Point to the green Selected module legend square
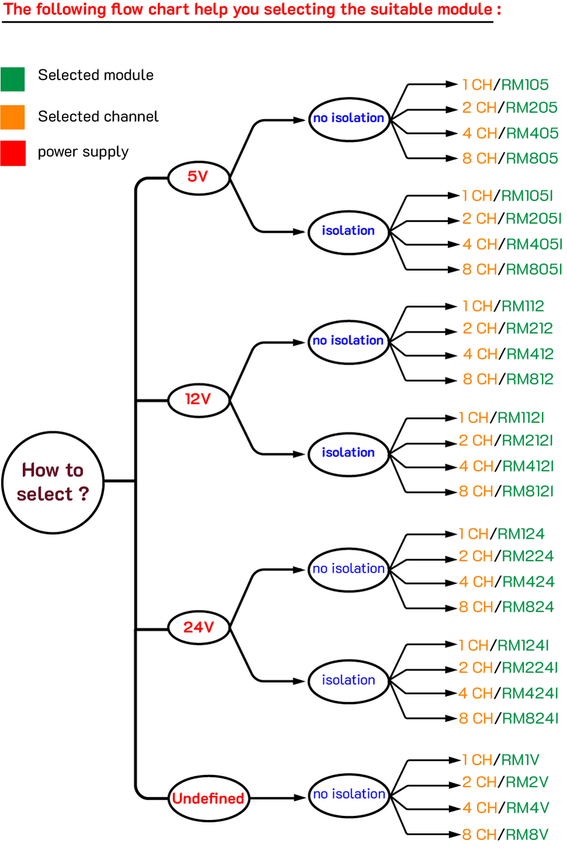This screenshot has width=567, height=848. [12, 79]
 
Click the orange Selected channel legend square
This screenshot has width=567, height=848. [12, 117]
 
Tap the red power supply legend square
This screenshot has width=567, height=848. [13, 153]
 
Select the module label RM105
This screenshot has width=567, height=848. [524, 85]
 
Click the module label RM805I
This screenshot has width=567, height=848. [534, 269]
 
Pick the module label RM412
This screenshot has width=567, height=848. [530, 354]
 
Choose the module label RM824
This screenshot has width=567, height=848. [528, 607]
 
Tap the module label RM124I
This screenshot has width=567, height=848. [523, 645]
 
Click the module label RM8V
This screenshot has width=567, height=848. [527, 834]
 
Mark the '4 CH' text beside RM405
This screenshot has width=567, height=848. [479, 133]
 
